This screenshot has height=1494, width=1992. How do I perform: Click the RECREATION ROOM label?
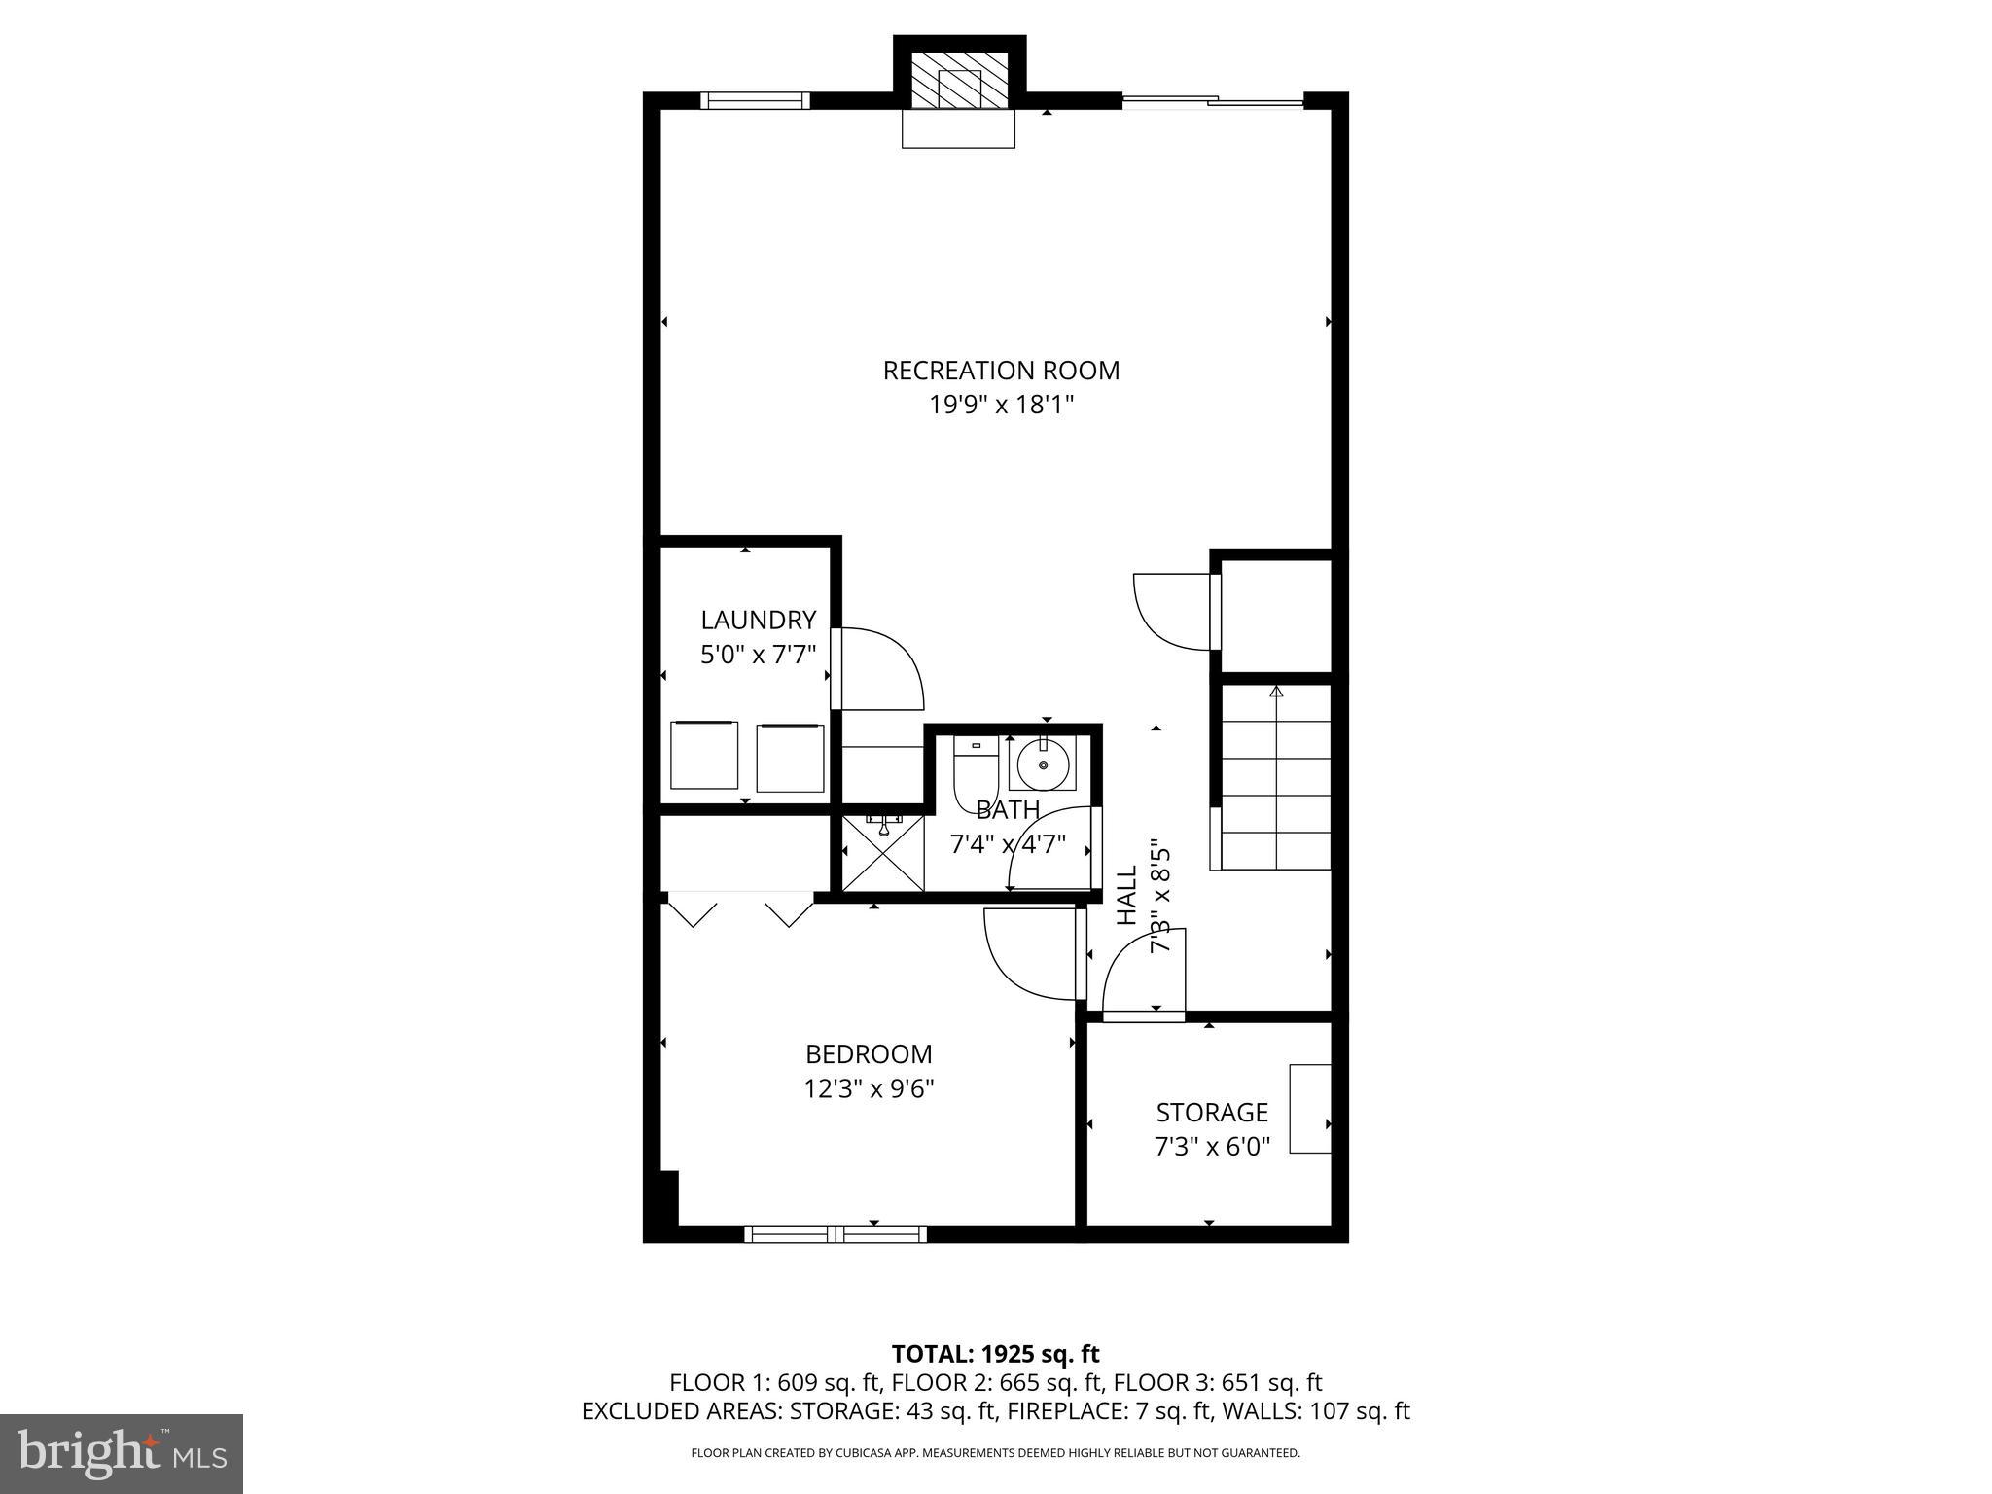pyautogui.click(x=1001, y=371)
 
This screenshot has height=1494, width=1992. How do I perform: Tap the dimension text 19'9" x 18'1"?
pyautogui.click(x=1001, y=405)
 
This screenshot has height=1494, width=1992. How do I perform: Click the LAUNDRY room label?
pyautogui.click(x=758, y=620)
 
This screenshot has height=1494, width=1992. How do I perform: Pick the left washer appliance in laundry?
pyautogui.click(x=704, y=756)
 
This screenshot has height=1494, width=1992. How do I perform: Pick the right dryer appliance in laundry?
pyautogui.click(x=790, y=758)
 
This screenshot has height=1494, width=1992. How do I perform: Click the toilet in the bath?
pyautogui.click(x=975, y=773)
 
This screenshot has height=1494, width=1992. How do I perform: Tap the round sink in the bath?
pyautogui.click(x=1043, y=764)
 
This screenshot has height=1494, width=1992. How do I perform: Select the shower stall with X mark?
pyautogui.click(x=882, y=852)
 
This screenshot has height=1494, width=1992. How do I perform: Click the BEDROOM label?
pyautogui.click(x=869, y=1054)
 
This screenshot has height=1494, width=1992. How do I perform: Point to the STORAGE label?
pyautogui.click(x=1212, y=1113)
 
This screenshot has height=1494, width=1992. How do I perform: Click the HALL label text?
pyautogui.click(x=1126, y=896)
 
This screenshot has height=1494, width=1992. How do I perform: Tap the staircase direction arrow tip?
pyautogui.click(x=1276, y=691)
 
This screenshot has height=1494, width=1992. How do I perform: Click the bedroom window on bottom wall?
pyautogui.click(x=836, y=1234)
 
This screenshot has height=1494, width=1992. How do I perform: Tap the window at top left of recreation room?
pyautogui.click(x=755, y=100)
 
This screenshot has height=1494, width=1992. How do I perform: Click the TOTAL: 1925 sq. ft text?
pyautogui.click(x=995, y=1354)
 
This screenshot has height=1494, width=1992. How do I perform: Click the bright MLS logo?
pyautogui.click(x=121, y=1454)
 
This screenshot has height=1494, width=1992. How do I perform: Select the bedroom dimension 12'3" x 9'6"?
pyautogui.click(x=869, y=1088)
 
